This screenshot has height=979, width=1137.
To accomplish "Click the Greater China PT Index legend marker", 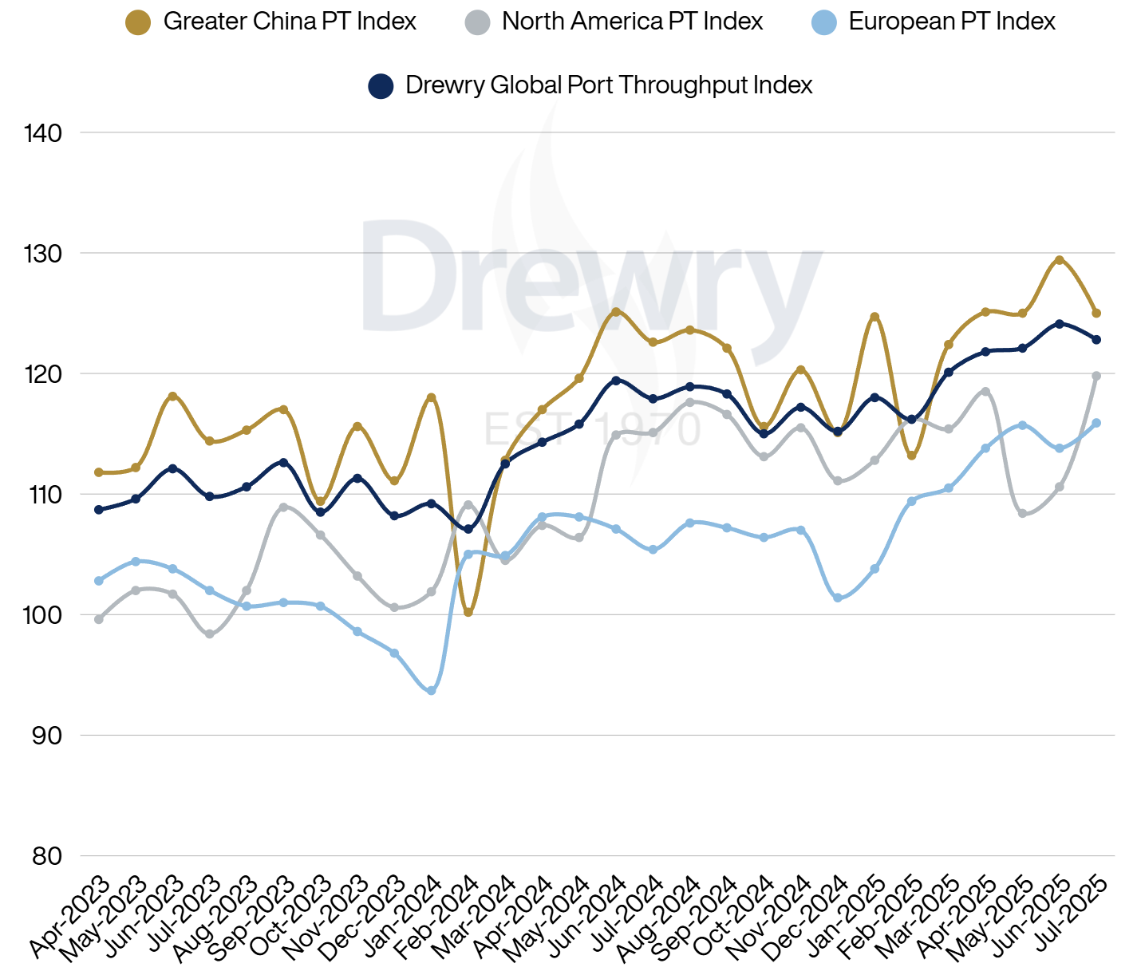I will (x=138, y=22).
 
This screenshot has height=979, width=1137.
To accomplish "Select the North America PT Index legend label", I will (x=632, y=22).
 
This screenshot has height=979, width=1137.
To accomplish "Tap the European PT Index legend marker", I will (x=823, y=22).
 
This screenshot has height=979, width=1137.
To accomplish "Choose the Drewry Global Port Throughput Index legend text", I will (x=609, y=85).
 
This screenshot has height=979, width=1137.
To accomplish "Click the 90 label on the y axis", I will (x=47, y=736).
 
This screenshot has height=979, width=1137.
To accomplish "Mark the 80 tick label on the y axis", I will (x=47, y=856).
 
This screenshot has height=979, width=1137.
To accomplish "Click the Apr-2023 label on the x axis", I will (x=72, y=916).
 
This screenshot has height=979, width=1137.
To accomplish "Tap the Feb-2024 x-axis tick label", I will (x=442, y=916).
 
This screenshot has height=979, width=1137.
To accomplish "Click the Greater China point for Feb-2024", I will (x=468, y=612).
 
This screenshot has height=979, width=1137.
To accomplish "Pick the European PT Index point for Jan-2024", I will (x=432, y=690).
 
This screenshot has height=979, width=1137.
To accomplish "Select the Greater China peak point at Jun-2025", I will (x=1060, y=260).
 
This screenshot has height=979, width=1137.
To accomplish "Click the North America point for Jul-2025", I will (x=1096, y=376).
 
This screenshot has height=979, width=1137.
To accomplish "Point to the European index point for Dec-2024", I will (x=838, y=598).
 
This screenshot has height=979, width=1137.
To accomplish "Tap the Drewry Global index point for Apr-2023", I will (x=99, y=510).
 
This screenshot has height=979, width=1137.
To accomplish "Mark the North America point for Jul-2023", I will (x=210, y=634).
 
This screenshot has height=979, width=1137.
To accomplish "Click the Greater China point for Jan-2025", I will (x=874, y=317).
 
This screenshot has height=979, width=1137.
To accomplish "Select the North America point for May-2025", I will (x=1022, y=514).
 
